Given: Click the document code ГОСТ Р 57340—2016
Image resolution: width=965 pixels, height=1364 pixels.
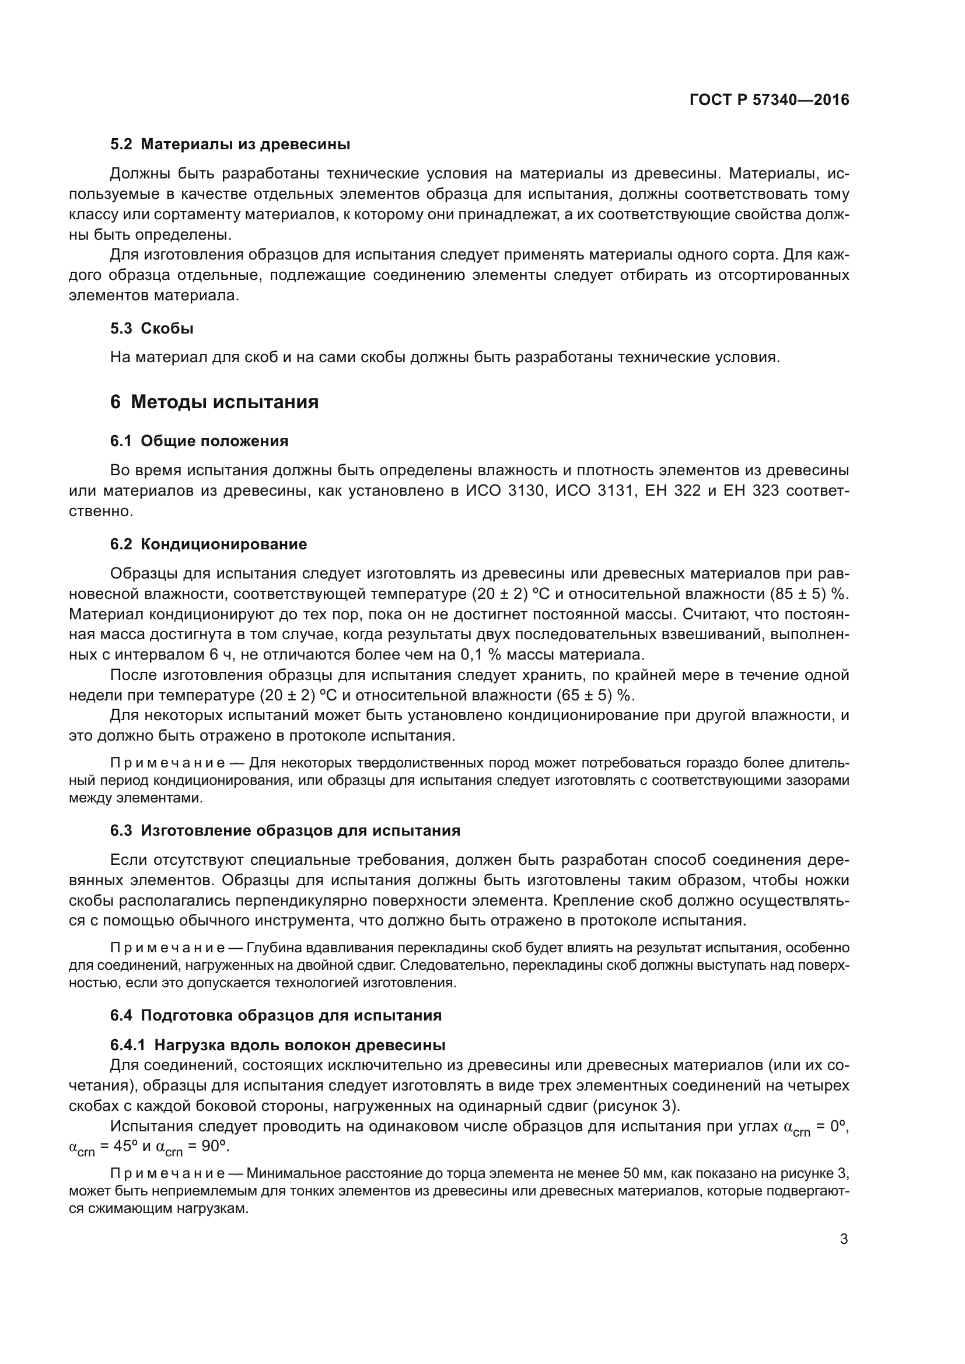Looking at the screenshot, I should point(769,100).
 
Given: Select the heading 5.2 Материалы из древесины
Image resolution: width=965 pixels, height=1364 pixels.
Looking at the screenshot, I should point(230,145).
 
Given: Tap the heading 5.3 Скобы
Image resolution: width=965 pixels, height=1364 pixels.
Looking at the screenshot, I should point(152,328).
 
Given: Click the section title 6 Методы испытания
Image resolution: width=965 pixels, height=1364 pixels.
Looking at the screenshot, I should point(214,402).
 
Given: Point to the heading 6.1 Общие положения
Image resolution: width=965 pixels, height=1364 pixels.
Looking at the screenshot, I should point(199,441).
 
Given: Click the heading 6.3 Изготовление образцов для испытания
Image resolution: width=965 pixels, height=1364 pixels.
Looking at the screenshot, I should point(285,830).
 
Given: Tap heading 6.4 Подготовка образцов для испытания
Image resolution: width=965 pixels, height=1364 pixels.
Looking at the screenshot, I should point(276,1015).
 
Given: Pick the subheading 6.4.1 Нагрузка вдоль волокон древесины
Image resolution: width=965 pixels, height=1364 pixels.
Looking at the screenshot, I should point(278,1045).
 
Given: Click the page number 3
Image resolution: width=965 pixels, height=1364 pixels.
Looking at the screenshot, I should point(844,1239).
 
